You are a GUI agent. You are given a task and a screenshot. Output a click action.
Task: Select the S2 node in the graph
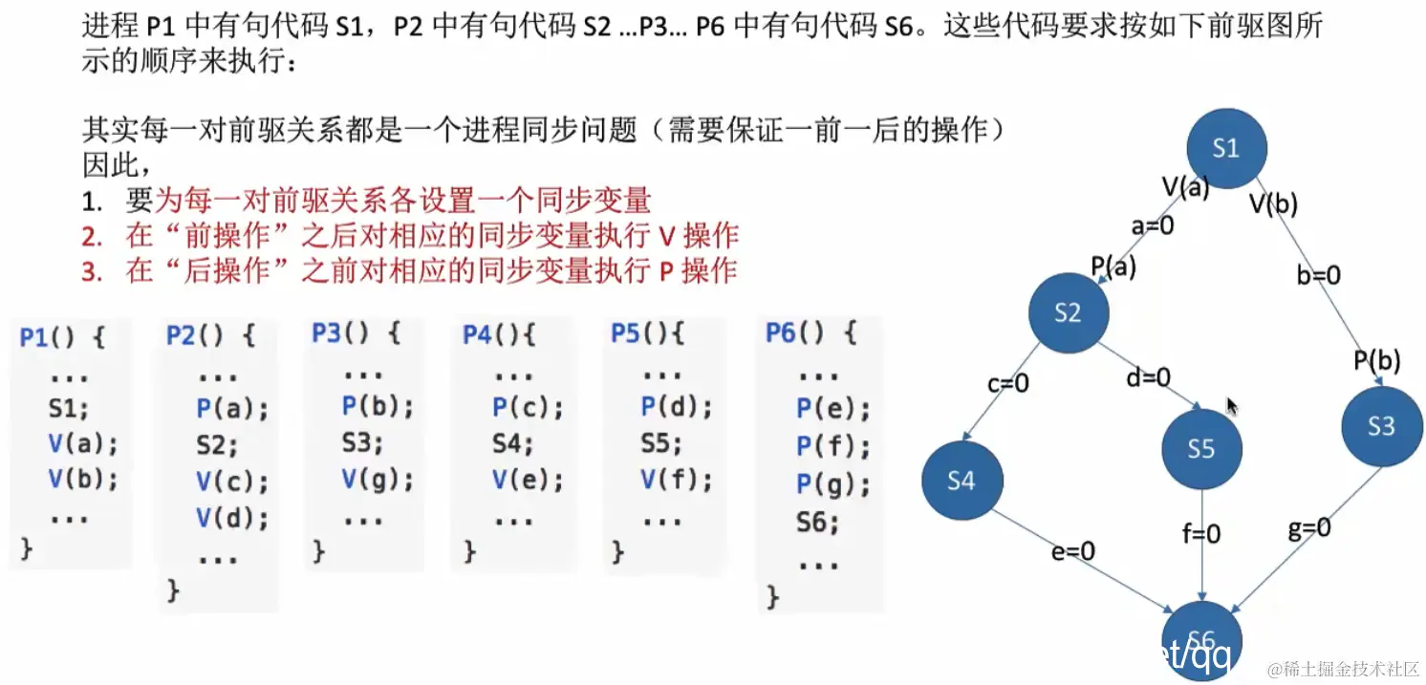1069,312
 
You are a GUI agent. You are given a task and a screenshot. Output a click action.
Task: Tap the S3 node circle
1381,426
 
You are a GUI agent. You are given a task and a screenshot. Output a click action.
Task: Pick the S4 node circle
961,481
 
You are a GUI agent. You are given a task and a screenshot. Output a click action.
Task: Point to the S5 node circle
1201,449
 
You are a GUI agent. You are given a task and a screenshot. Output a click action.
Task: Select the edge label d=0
1147,378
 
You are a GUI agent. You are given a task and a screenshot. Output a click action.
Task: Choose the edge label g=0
1308,528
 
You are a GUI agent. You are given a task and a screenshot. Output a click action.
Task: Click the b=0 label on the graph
1318,275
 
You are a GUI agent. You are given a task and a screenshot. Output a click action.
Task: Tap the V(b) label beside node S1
1274,202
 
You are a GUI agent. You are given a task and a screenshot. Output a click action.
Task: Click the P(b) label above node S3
1376,361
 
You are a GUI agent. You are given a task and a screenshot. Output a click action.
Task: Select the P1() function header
62,336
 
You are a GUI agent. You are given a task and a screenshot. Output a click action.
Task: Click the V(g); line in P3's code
378,480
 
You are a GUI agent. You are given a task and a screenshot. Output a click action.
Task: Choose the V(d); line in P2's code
232,518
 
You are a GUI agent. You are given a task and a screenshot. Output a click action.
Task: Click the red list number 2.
92,236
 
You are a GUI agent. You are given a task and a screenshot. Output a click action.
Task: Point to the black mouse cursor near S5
1232,407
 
